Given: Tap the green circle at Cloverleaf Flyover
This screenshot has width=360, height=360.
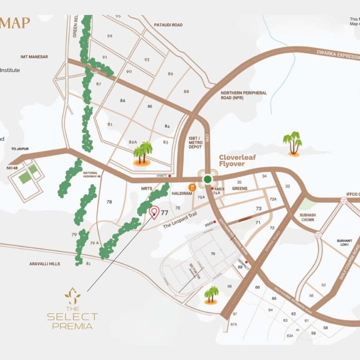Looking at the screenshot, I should point(207,179).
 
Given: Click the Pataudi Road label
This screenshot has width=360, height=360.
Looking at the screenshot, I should point(168,25).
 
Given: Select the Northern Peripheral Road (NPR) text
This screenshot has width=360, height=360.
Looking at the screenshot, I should point(244,95).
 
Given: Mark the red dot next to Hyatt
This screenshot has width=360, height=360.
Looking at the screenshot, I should point(170,176).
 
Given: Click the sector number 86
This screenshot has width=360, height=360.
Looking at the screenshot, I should point(123,100).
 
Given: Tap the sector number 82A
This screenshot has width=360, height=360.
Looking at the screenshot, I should point(133,142).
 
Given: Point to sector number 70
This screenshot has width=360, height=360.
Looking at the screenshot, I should point(213,254).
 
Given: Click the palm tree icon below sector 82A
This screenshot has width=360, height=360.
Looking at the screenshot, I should point(143,154).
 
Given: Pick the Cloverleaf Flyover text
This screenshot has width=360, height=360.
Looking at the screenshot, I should point(237,160).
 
